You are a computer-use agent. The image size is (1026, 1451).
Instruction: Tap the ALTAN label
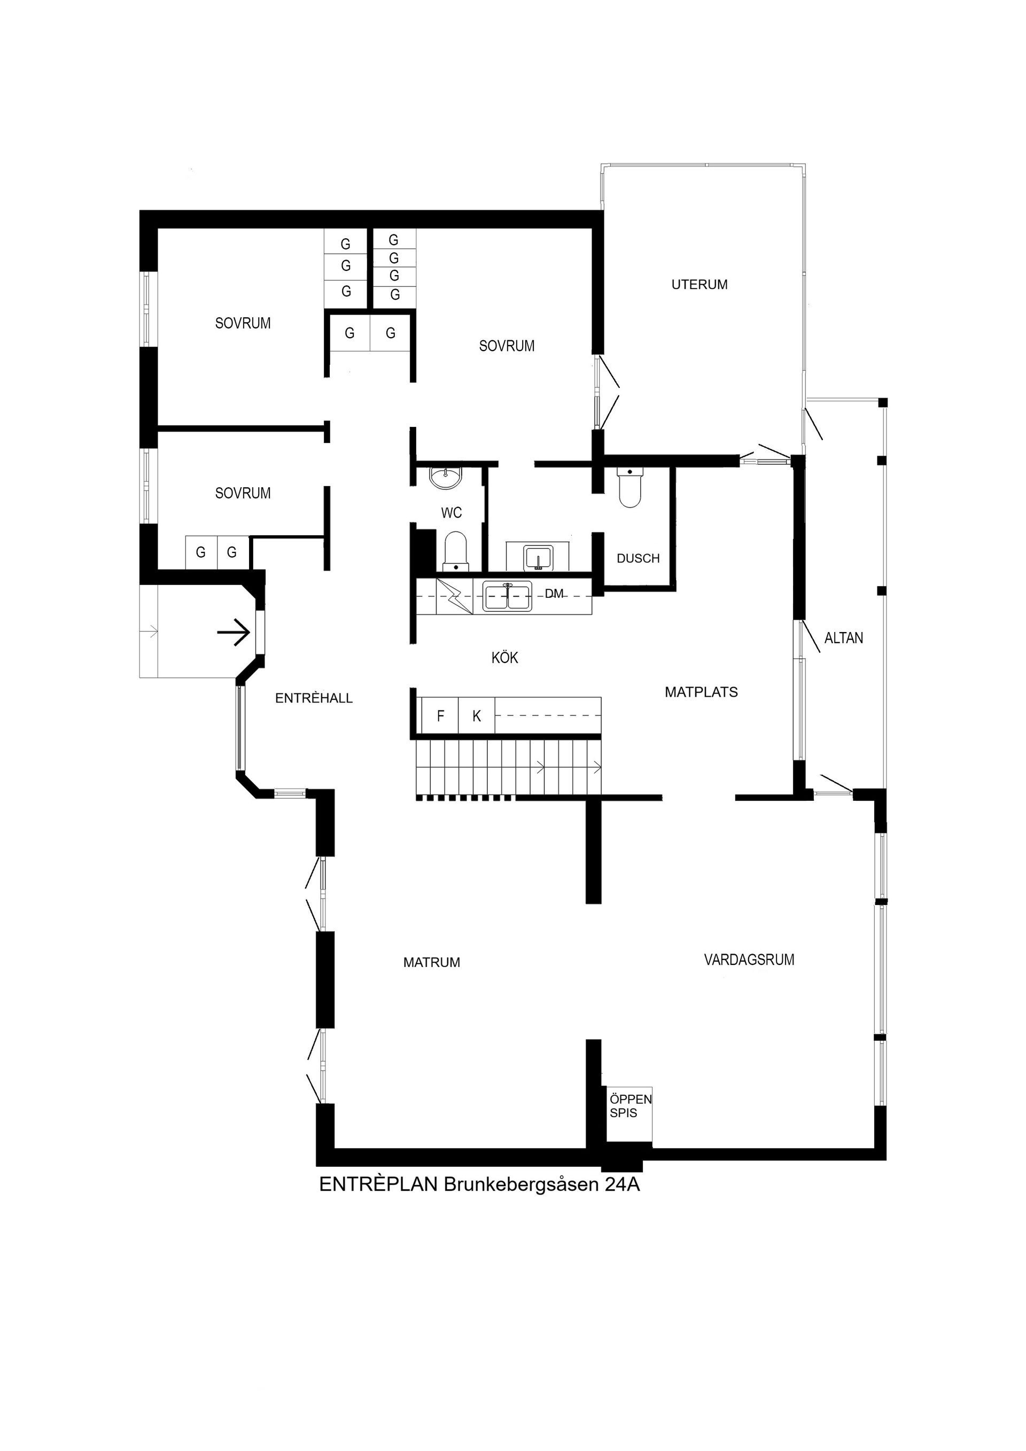click(x=843, y=638)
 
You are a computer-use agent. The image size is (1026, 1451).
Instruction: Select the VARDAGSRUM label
click(x=749, y=959)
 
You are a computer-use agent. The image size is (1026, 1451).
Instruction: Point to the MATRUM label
click(x=431, y=963)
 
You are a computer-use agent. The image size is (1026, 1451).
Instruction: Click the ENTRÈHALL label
click(x=314, y=698)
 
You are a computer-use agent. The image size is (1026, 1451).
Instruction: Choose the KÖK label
click(x=504, y=658)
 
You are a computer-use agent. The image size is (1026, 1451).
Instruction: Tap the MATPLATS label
click(x=701, y=692)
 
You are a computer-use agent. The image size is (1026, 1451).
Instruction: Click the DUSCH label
click(x=638, y=558)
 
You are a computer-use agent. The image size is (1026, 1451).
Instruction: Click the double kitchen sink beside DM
click(x=508, y=597)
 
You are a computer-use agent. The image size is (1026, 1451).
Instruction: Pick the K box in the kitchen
click(x=477, y=716)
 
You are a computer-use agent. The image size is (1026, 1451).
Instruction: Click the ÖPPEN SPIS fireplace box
click(x=628, y=1106)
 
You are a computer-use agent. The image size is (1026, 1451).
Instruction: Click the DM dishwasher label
click(x=554, y=594)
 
